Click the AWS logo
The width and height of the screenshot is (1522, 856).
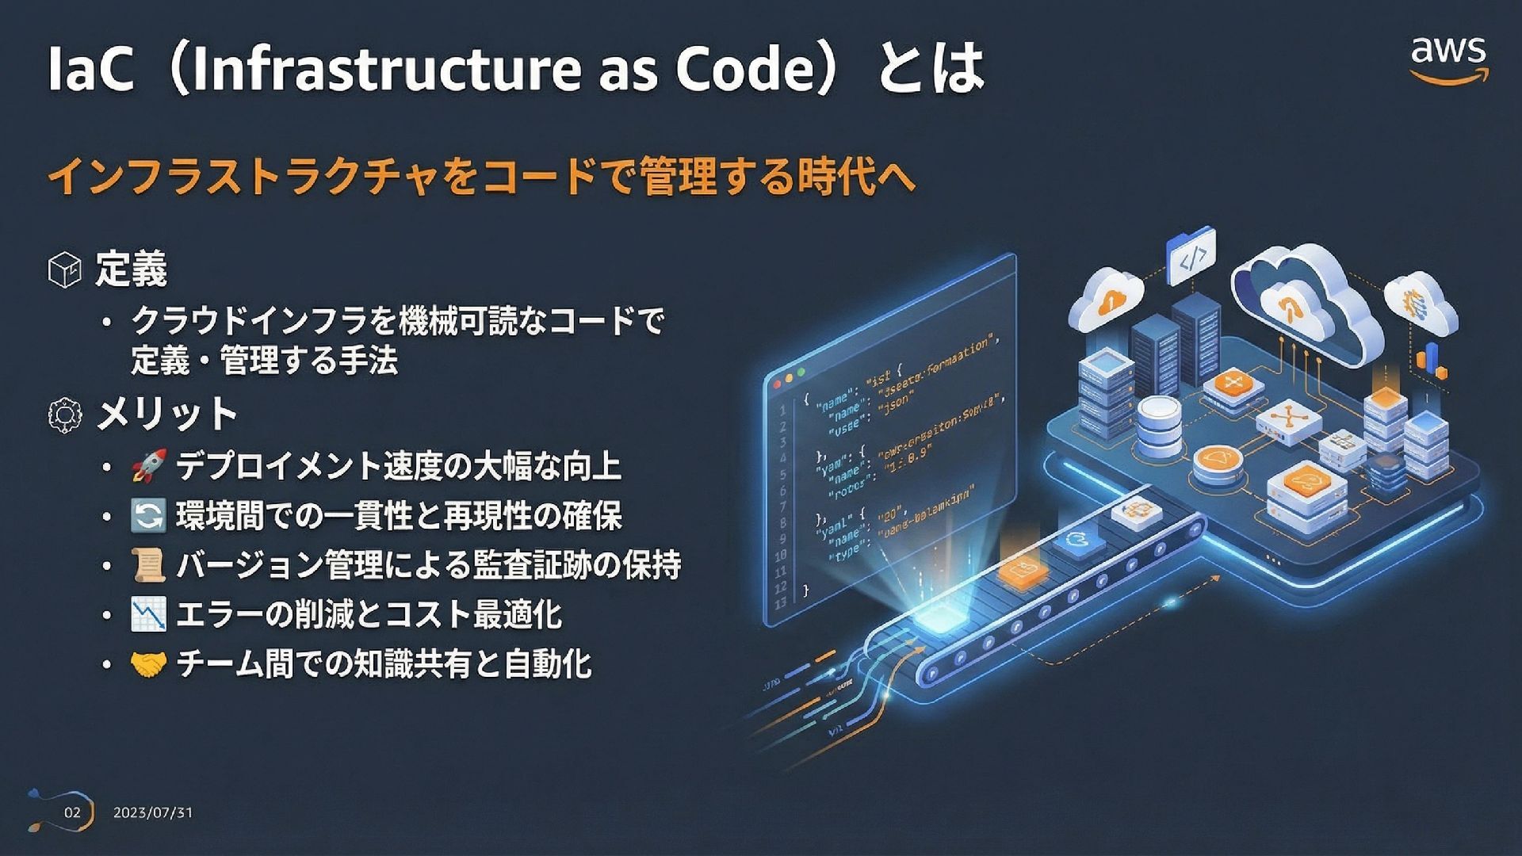[1447, 59]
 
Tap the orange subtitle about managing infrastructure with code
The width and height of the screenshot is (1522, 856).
[482, 176]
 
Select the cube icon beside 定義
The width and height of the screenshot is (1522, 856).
[65, 269]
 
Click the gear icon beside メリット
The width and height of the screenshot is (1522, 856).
[65, 415]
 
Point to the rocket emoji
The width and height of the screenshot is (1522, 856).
[148, 466]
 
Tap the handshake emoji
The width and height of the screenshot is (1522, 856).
[148, 664]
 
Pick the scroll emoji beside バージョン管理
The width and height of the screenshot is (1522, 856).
[148, 565]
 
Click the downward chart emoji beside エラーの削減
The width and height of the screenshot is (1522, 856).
[148, 615]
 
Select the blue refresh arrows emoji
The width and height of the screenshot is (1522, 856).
[148, 516]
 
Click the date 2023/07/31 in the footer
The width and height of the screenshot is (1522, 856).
[153, 812]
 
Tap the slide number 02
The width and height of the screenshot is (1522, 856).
[72, 812]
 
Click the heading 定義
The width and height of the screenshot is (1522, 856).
[132, 269]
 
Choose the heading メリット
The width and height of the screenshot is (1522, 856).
[166, 415]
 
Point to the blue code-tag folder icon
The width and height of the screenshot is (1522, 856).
[1191, 255]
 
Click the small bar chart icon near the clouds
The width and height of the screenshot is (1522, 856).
[1431, 361]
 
